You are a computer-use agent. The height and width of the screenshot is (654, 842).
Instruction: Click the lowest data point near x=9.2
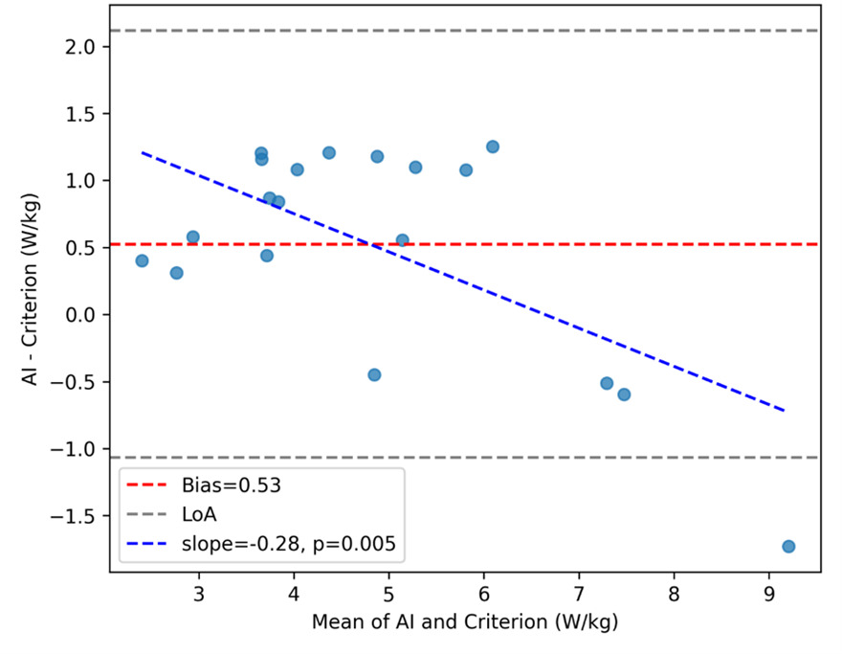click(x=788, y=546)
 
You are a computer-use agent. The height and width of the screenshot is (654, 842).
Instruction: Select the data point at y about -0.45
click(x=374, y=374)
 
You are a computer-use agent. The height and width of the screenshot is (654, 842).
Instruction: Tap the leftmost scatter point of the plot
click(x=142, y=260)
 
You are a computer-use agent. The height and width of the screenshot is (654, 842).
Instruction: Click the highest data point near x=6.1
click(x=493, y=147)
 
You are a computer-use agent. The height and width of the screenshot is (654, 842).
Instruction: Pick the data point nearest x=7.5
click(x=624, y=395)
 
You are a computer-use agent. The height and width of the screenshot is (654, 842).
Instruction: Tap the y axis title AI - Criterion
click(x=35, y=287)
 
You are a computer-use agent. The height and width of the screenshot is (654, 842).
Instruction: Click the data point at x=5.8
click(x=466, y=169)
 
